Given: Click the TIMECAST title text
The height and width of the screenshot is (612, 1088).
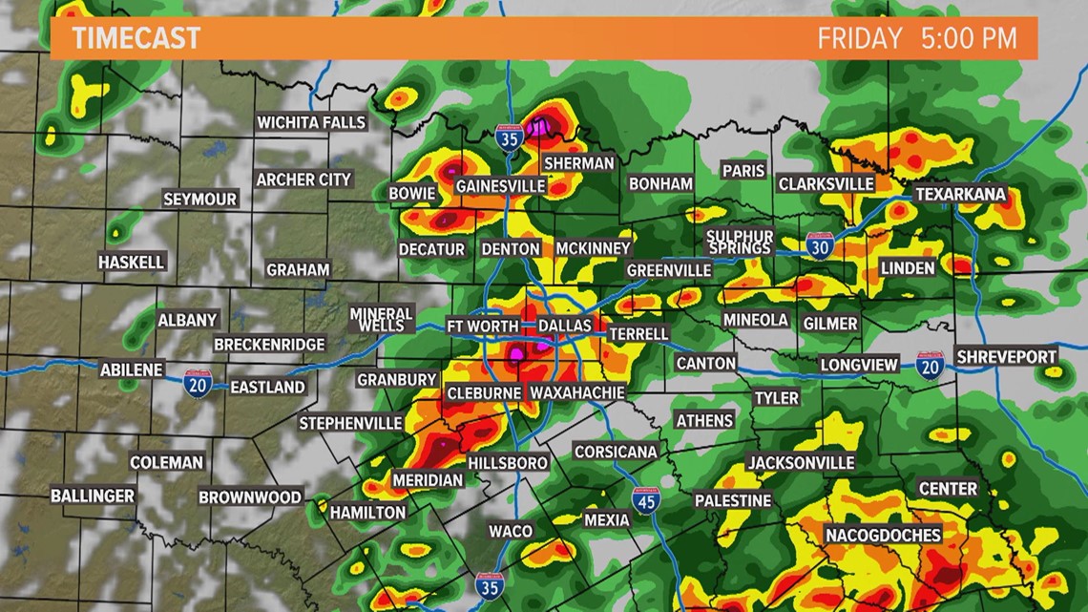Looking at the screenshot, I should [136, 38].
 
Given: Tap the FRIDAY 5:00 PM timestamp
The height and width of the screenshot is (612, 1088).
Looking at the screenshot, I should [915, 39].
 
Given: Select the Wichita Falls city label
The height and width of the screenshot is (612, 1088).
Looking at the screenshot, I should [311, 122].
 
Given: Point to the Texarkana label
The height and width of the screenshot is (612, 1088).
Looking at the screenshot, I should [960, 195].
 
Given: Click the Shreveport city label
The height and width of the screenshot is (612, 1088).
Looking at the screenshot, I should [1007, 356].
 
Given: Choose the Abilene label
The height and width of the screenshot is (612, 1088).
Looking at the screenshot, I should [132, 369].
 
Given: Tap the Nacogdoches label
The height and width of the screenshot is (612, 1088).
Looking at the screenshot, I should [883, 535].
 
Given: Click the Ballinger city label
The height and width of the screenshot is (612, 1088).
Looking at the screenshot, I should [93, 496].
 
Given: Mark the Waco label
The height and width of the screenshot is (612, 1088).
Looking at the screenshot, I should [511, 531].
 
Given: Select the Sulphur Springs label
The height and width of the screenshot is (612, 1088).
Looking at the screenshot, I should [739, 242].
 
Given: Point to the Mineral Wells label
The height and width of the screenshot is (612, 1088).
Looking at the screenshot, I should [381, 319].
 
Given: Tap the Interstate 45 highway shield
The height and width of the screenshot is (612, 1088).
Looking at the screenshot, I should [646, 501].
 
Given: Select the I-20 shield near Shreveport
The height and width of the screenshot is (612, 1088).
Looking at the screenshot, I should [930, 364].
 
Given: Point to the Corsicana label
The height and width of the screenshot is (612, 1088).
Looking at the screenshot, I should [616, 452].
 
